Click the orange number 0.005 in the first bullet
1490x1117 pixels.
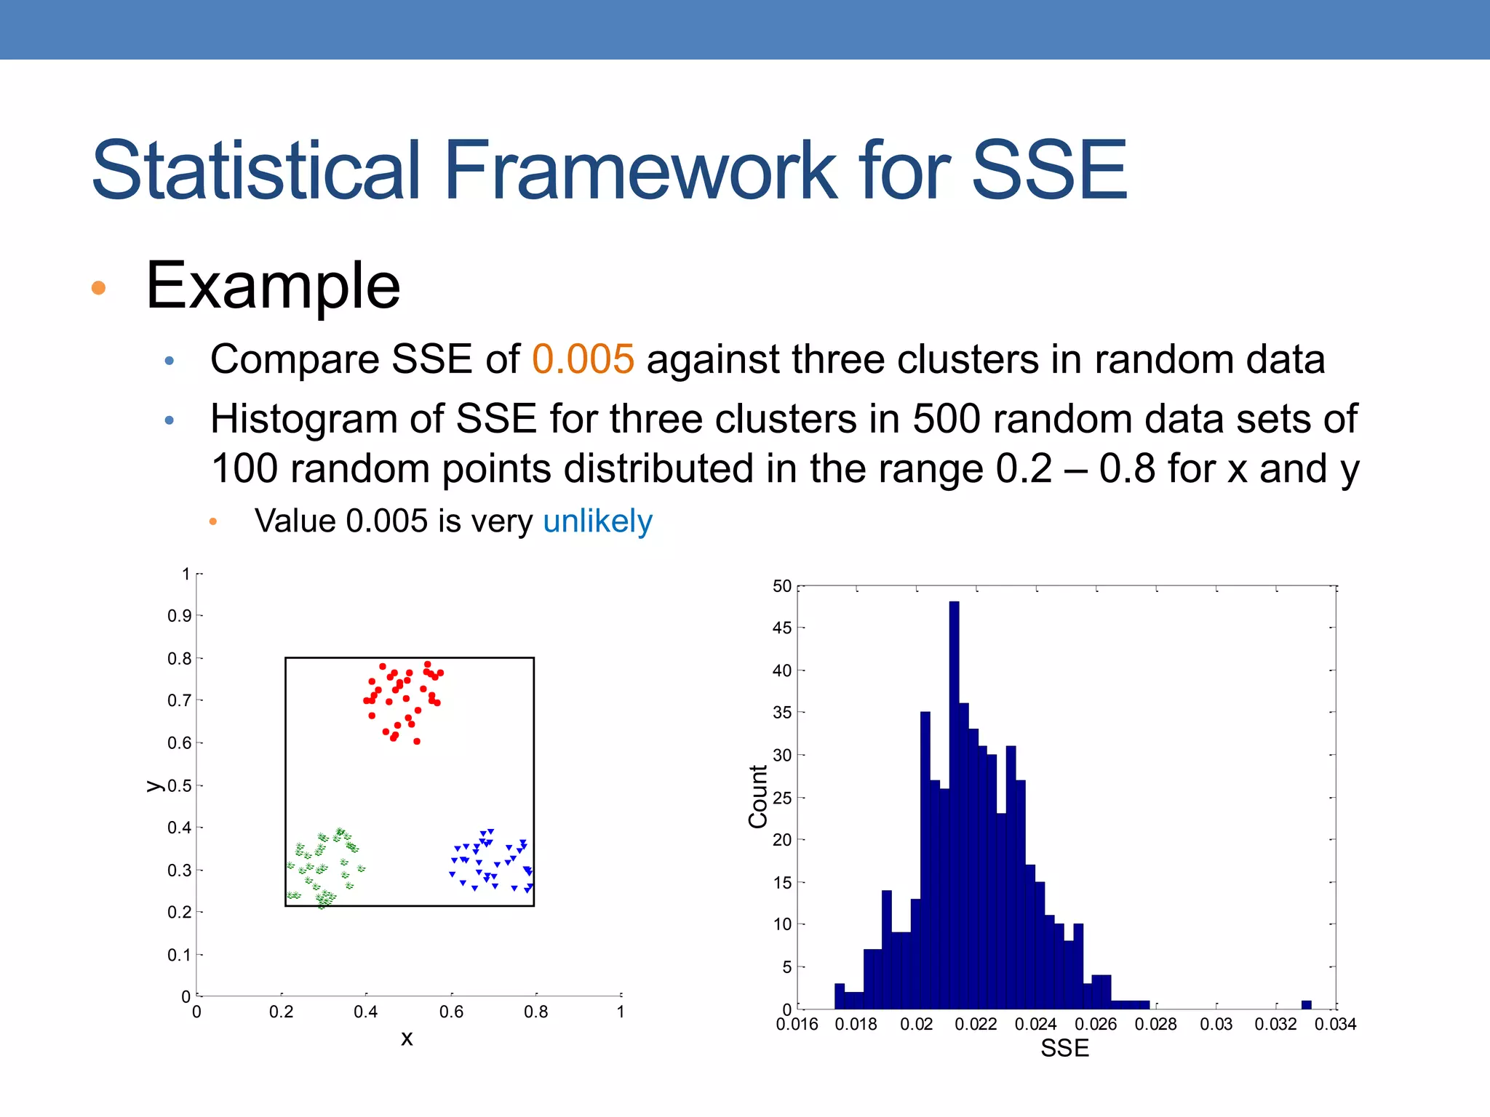coord(583,359)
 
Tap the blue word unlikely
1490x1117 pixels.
coord(597,521)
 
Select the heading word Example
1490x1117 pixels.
coord(273,286)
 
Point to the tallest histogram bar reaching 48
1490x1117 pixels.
coord(954,800)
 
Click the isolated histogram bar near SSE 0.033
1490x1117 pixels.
coord(1306,1005)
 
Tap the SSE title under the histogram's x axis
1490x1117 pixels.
coord(1064,1049)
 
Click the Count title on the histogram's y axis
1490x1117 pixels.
coord(758,796)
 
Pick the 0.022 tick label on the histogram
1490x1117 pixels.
coord(976,1025)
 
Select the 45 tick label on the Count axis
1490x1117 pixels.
coord(781,628)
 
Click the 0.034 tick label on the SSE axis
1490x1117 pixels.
coord(1335,1025)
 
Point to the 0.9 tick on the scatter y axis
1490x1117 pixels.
coord(179,616)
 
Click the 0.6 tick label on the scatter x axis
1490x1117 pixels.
coord(451,1012)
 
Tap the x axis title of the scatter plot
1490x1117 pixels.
coord(407,1038)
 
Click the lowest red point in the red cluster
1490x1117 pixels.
coord(417,741)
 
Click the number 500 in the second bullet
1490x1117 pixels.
coord(947,420)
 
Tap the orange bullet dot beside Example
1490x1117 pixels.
coord(99,288)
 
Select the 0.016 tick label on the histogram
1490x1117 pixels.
coord(797,1025)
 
